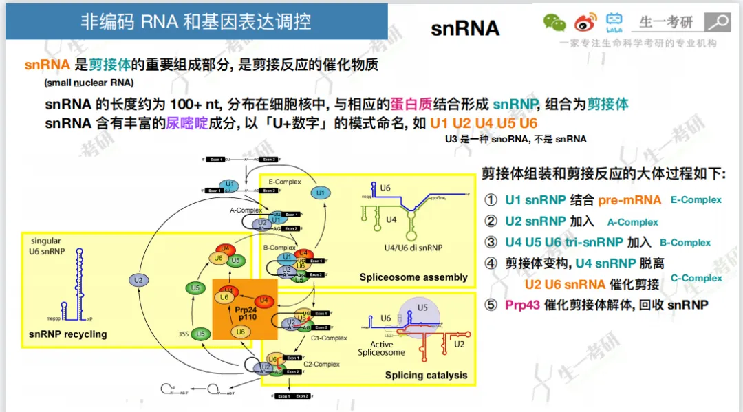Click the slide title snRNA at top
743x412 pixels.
pos(465,28)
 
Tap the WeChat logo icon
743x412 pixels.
pos(554,23)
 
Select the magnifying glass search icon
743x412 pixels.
pos(719,21)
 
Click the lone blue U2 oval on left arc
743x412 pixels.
pos(139,279)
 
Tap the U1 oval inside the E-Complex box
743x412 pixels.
pos(320,193)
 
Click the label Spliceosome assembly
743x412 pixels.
pos(413,277)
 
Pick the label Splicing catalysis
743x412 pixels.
pos(426,375)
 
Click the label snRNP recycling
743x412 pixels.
pos(68,334)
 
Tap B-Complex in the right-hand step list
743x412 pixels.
pos(685,243)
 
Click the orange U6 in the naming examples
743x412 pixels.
pos(528,124)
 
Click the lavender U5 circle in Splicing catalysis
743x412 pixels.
pos(422,310)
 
